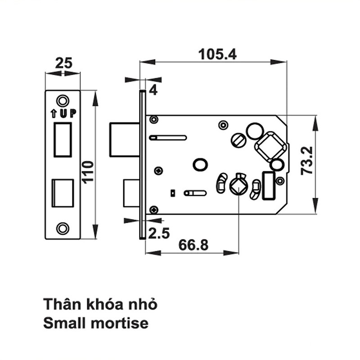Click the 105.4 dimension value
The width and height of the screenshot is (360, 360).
pos(217,54)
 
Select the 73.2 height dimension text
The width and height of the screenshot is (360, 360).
pos(307,161)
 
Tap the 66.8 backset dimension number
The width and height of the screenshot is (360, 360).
pos(193,245)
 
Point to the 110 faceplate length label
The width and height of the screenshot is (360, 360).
pos(88,172)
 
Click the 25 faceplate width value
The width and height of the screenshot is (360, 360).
pos(64,63)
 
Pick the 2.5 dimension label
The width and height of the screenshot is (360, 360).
pos(159,233)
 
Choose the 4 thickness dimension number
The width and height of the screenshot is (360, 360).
pos(153,90)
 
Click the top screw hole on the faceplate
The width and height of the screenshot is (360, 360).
pos(63,101)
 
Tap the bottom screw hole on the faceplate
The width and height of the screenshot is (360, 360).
pos(63,228)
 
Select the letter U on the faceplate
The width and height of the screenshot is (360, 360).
pos(63,114)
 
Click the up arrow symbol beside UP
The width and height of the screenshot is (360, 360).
pos(54,114)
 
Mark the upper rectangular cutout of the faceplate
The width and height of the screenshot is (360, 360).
pos(63,140)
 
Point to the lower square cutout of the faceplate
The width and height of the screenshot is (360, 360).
pos(63,193)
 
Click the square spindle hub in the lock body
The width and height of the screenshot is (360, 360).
pos(238,187)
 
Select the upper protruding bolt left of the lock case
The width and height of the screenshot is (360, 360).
pos(125,140)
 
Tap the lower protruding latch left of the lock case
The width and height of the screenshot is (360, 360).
pos(131,193)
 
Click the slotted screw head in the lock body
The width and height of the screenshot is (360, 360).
pos(239,140)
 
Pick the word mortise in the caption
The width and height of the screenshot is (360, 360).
pos(120,323)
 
